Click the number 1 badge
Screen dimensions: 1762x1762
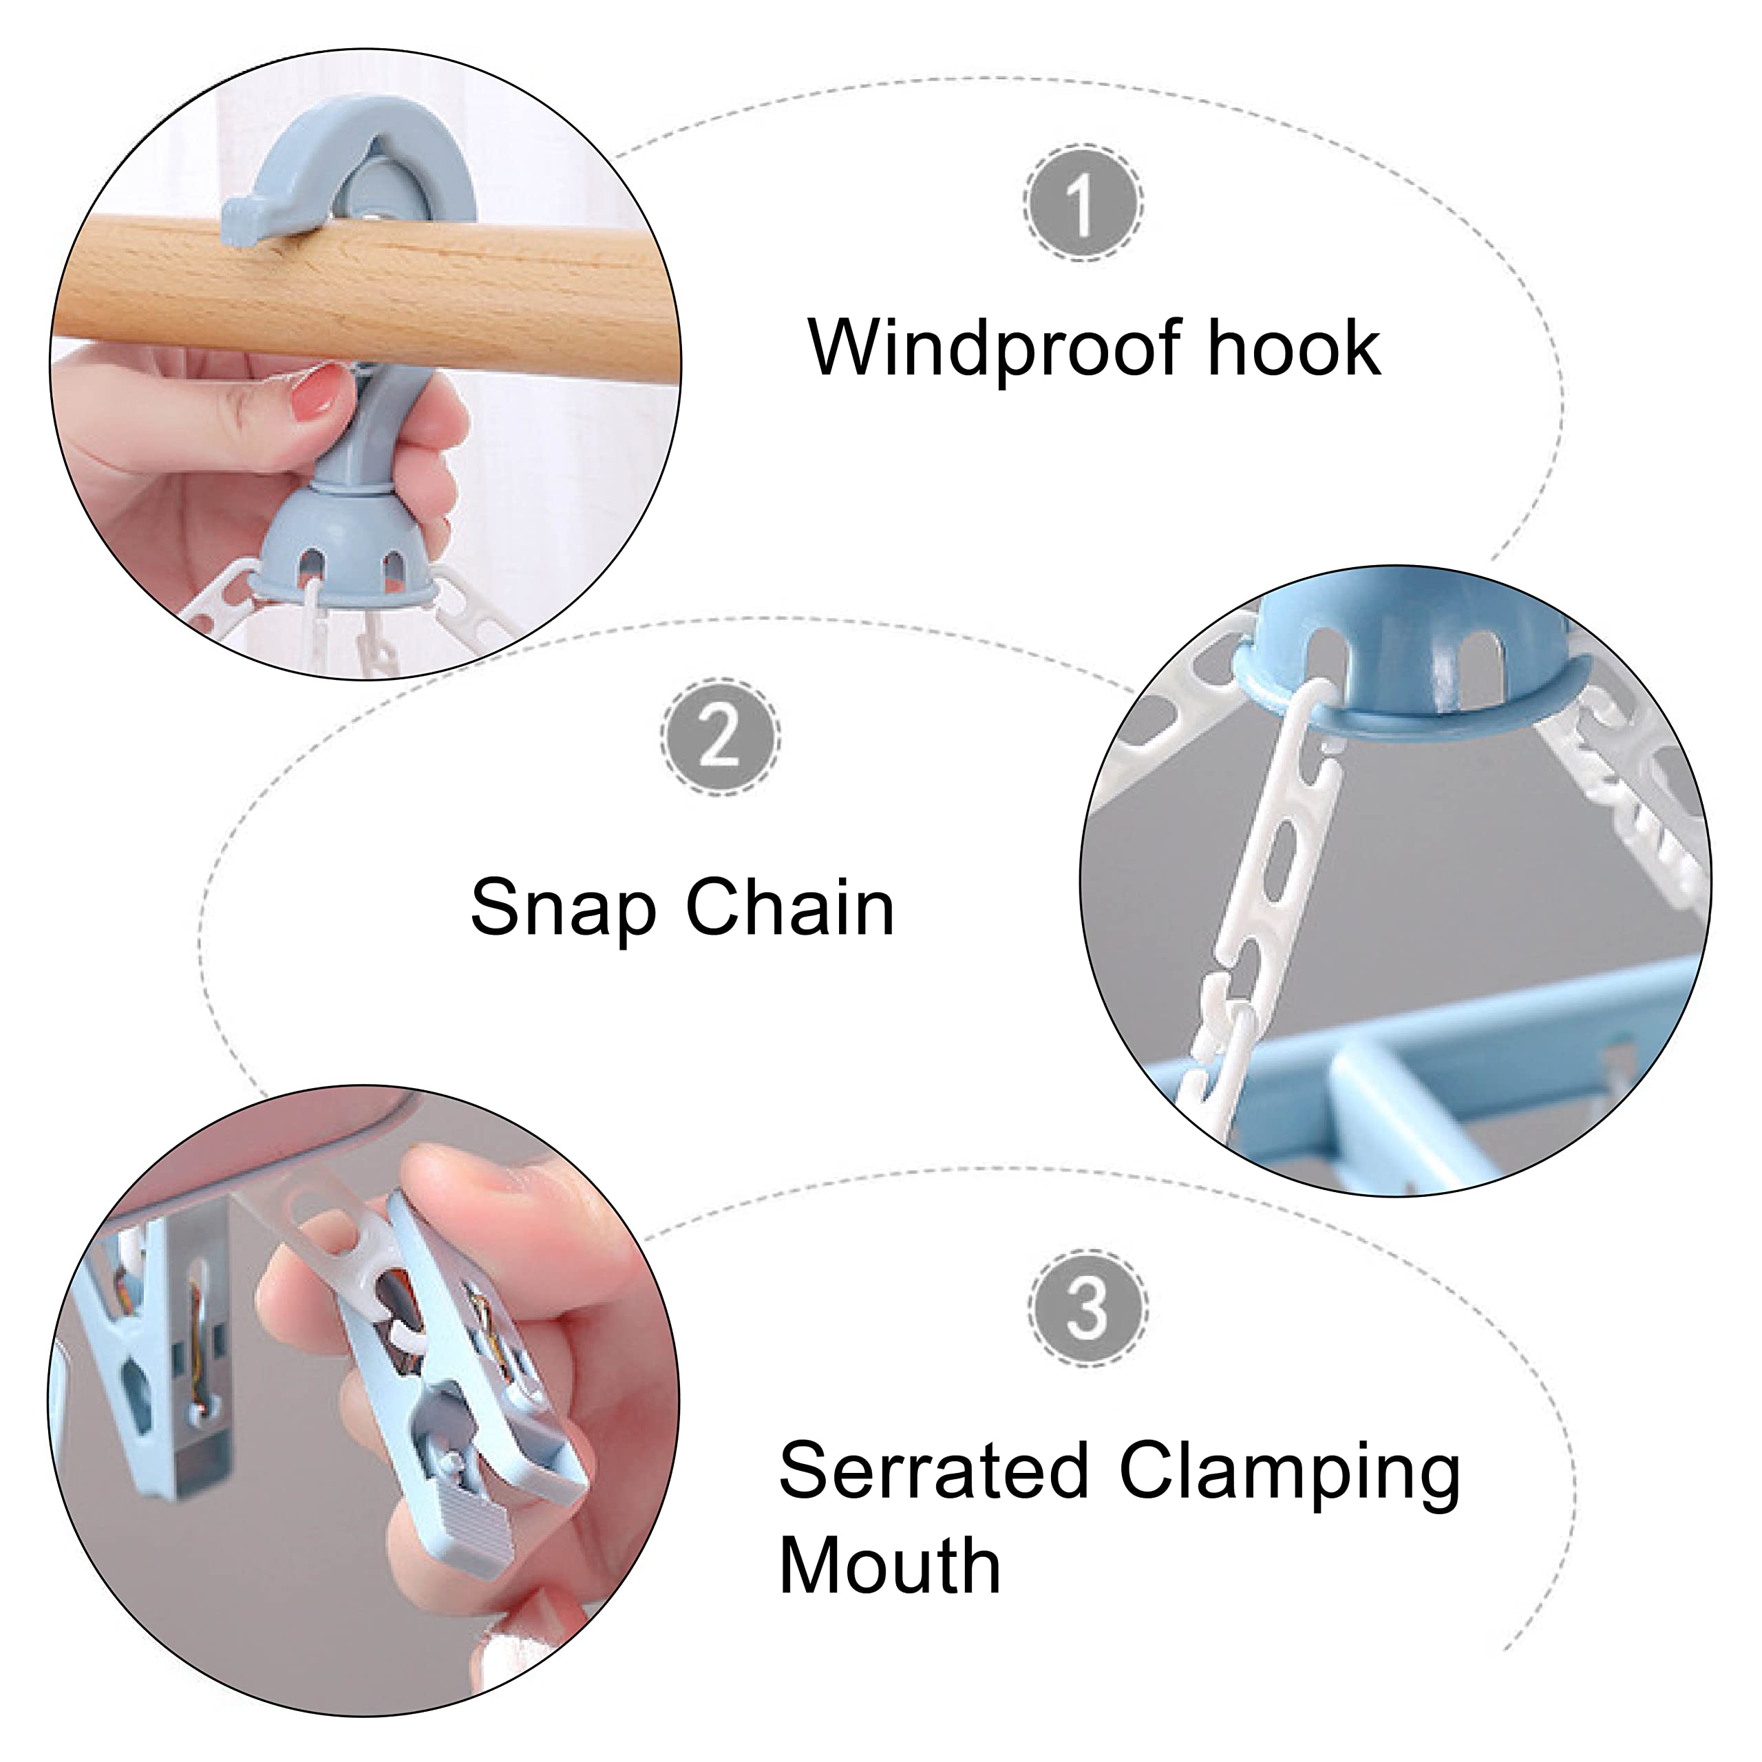tap(1083, 202)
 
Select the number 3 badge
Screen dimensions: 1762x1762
tap(1087, 1307)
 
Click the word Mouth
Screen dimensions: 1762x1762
tap(889, 1566)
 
